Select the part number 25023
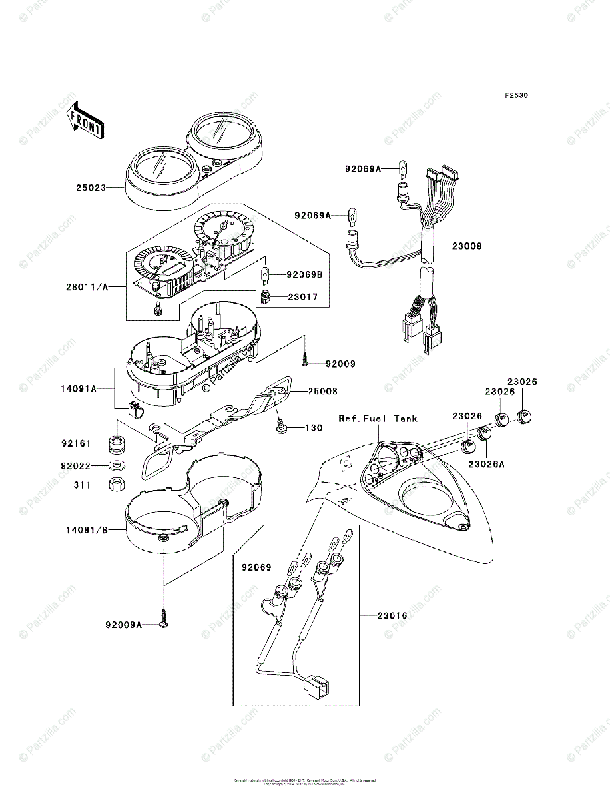pyautogui.click(x=91, y=188)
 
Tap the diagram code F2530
pyautogui.click(x=515, y=95)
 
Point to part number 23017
pyautogui.click(x=303, y=297)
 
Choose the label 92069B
pyautogui.click(x=305, y=274)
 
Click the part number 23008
pyautogui.click(x=467, y=246)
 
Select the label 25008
pyautogui.click(x=322, y=392)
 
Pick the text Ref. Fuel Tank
pyautogui.click(x=378, y=419)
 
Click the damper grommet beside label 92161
pyautogui.click(x=117, y=442)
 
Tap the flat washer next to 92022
pyautogui.click(x=117, y=465)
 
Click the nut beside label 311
pyautogui.click(x=117, y=485)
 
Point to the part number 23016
pyautogui.click(x=392, y=616)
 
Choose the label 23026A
pyautogui.click(x=486, y=464)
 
